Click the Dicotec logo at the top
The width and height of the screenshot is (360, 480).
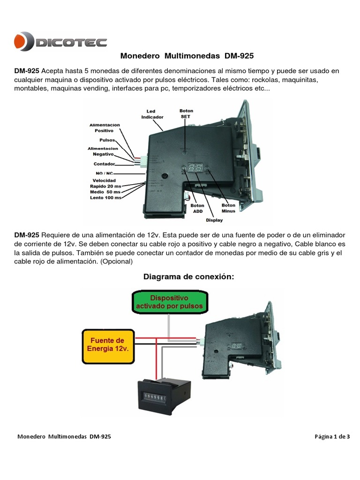60,42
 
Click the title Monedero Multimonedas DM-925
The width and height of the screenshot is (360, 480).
187,56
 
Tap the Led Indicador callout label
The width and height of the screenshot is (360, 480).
152,114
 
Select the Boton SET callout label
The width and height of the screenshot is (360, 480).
186,114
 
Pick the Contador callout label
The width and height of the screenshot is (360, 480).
105,164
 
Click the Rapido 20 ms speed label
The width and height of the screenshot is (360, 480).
105,186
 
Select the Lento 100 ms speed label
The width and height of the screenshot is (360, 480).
105,197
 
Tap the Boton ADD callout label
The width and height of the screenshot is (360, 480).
198,208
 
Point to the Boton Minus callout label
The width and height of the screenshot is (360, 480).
228,208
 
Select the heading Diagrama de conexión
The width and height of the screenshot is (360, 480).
188,277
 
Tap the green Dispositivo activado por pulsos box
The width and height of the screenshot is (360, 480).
169,301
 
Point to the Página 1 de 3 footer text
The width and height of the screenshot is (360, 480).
332,436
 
